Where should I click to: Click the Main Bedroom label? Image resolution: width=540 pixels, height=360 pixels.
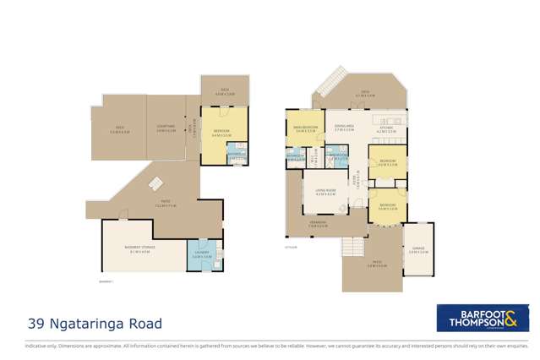304,131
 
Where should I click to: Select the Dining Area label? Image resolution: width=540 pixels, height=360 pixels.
343,130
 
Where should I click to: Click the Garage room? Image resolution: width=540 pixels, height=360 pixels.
418,249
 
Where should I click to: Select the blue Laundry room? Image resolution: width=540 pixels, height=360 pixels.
200,255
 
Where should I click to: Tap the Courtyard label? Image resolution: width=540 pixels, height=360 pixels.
166,129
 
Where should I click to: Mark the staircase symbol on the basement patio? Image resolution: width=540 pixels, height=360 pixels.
155,183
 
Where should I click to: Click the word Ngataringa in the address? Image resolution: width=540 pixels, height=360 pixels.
92,324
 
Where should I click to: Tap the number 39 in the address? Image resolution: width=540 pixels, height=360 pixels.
38,324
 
